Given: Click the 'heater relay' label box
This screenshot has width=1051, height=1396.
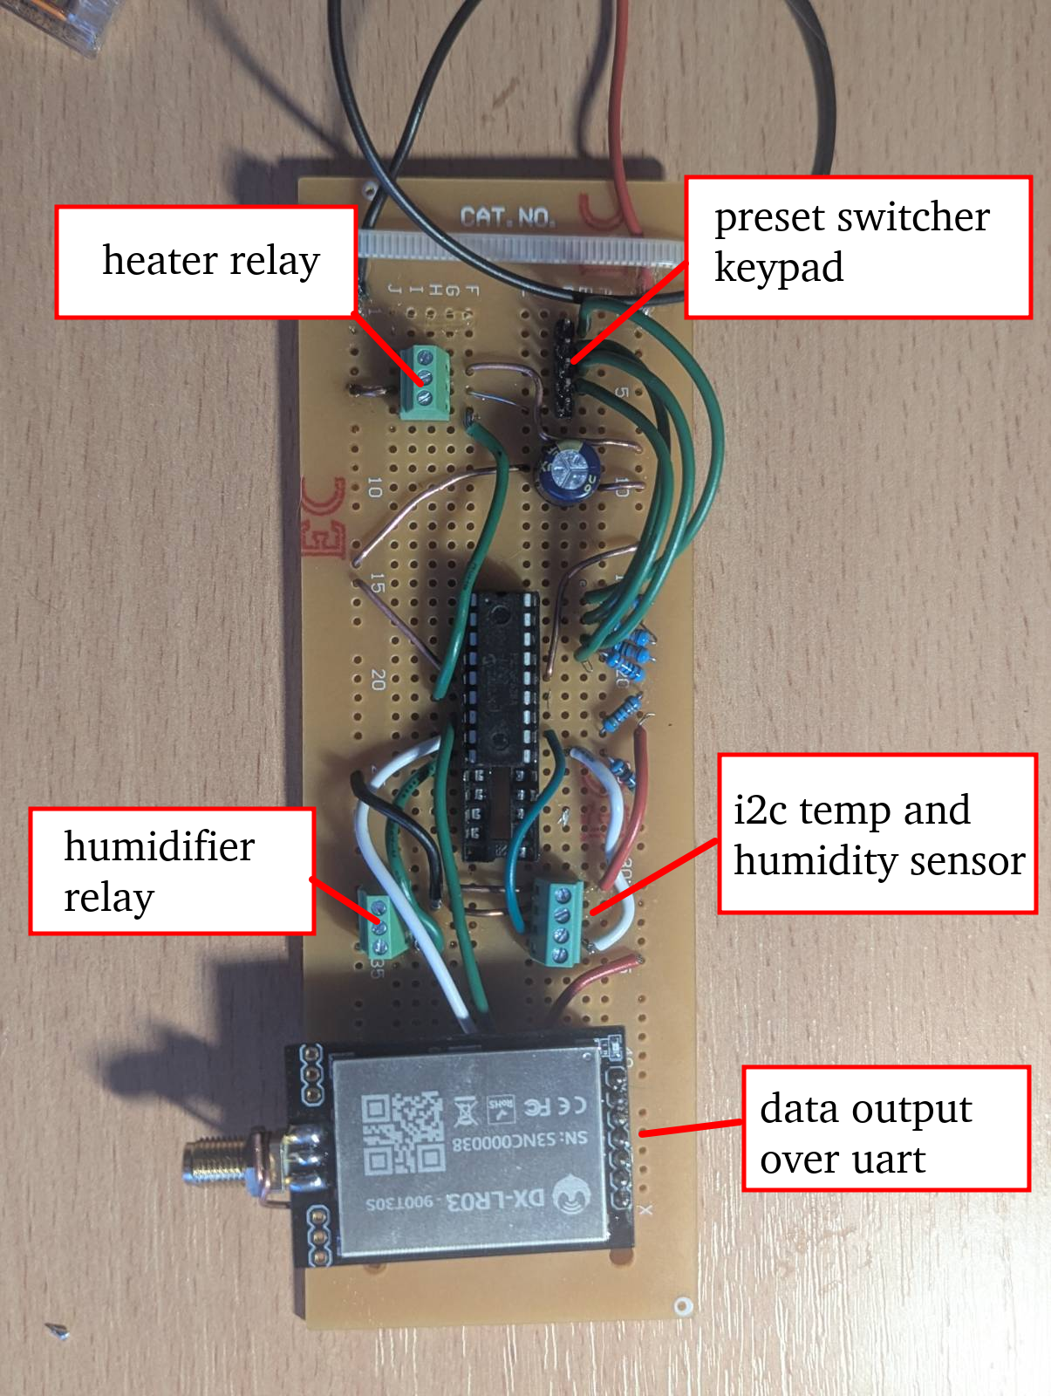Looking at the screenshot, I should [207, 261].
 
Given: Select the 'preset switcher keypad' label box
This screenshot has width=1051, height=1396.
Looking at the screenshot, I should [858, 247].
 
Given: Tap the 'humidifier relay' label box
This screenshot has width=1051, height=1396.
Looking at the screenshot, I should [172, 872].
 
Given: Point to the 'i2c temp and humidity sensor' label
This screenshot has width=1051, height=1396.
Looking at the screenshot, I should [877, 834].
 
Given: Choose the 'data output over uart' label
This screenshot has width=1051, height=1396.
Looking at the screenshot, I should [885, 1128].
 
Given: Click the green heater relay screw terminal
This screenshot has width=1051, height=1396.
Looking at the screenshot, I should [427, 380].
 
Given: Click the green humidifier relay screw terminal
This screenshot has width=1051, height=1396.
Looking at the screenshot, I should [381, 926].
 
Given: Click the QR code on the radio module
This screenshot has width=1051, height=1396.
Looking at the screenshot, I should [403, 1133].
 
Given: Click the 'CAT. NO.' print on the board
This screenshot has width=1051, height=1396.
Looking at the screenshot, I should [508, 216].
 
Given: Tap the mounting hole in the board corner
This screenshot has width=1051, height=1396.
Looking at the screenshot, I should [682, 1305].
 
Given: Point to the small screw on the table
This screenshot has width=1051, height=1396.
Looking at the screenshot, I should [58, 1330].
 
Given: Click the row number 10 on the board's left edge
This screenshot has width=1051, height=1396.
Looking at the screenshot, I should [375, 488].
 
